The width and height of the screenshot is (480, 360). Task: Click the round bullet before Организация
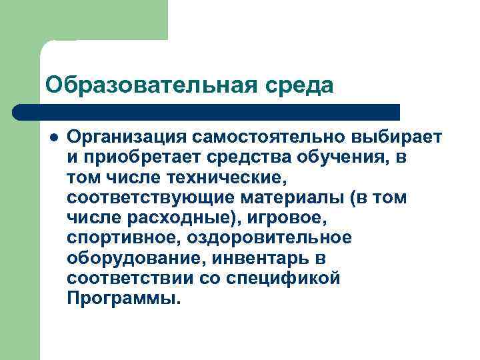53,137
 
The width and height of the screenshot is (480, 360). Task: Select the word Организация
126,137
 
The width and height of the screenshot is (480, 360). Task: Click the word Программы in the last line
123,298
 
